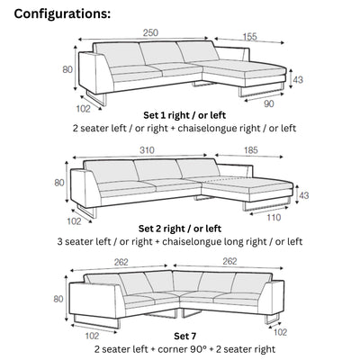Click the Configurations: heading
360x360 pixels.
pyautogui.click(x=62, y=14)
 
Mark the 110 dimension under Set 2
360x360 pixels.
pyautogui.click(x=274, y=217)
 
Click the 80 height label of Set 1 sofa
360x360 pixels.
pyautogui.click(x=67, y=68)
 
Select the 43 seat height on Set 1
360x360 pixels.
pyautogui.click(x=298, y=80)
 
